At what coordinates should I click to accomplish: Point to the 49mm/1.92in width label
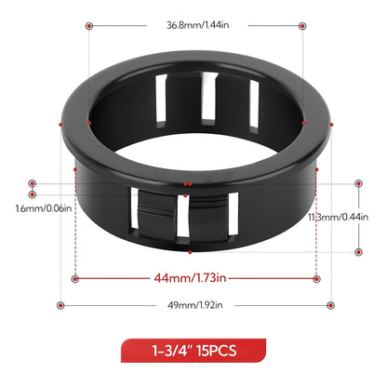195,305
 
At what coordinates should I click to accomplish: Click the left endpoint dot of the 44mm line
74,278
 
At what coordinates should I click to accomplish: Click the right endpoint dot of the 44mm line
316,278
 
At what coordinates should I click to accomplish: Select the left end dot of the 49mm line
60,305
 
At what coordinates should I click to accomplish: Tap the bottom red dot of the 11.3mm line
358,251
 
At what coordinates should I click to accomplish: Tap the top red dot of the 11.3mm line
358,184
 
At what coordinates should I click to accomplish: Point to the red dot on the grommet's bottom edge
190,251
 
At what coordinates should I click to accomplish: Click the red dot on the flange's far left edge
60,122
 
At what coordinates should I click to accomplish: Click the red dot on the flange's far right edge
331,122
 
